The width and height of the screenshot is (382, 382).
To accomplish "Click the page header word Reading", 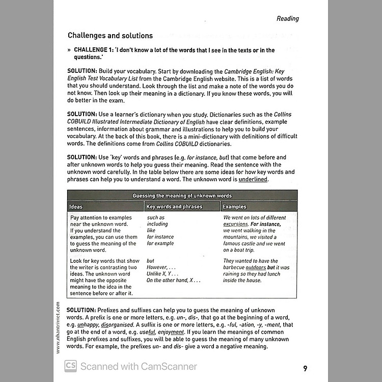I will pyautogui.click(x=287, y=18).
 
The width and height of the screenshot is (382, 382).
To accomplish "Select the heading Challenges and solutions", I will pyautogui.click(x=110, y=36).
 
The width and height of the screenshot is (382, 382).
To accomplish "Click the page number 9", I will pyautogui.click(x=305, y=368).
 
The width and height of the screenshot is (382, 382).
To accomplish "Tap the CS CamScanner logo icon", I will pyautogui.click(x=70, y=366).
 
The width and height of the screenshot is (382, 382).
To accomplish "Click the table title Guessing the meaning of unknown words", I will pyautogui.click(x=182, y=196).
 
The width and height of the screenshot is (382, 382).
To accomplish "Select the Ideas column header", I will pyautogui.click(x=76, y=207).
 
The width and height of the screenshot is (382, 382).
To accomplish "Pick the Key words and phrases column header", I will pyautogui.click(x=174, y=207).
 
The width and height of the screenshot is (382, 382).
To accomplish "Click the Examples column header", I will pyautogui.click(x=234, y=207).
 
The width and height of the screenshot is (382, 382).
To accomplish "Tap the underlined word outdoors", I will pyautogui.click(x=256, y=267).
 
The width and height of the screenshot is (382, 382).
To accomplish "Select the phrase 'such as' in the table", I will pyautogui.click(x=155, y=217).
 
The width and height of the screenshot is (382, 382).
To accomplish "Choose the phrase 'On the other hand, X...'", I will pyautogui.click(x=173, y=280).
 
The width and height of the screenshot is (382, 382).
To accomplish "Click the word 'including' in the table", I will pyautogui.click(x=157, y=224).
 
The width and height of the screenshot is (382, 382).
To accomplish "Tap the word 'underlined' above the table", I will pyautogui.click(x=253, y=179).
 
